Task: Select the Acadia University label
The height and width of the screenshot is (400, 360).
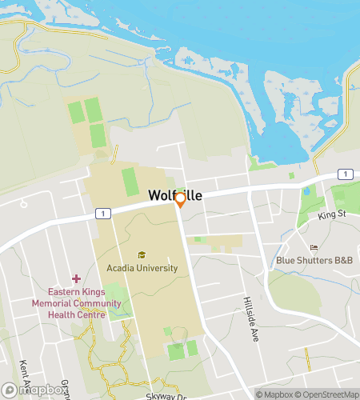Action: coord(142,268)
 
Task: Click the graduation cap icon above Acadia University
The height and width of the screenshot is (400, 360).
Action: coord(142,254)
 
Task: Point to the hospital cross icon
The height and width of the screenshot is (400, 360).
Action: coord(77,278)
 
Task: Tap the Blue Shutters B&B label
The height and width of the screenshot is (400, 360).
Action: coord(314,260)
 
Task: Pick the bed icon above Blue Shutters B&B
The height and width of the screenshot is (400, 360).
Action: coord(314,247)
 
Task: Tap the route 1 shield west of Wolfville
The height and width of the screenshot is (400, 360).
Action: coord(101,213)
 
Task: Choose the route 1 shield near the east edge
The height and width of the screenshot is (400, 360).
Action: coord(342,174)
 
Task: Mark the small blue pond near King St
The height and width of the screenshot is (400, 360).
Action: coord(306,191)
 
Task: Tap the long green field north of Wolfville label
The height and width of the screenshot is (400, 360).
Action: coord(130,182)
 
